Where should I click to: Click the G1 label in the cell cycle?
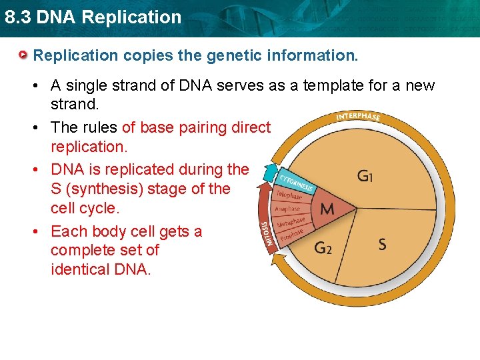pos(365,177)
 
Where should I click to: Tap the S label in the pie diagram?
pos(382,244)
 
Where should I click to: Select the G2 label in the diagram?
pos(323,248)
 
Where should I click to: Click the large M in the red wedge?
pos(327,209)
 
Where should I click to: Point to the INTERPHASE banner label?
pos(358,117)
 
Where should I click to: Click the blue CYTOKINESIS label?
pos(295,179)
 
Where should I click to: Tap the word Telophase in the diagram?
pos(288,195)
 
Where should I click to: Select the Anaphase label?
pos(288,209)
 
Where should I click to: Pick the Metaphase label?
pos(291,222)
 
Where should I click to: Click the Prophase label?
pos(291,235)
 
